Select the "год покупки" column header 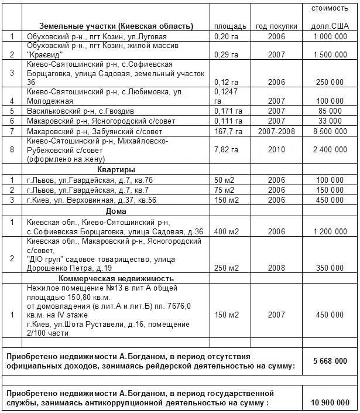[x=276, y=26]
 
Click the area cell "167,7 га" [x=227, y=131]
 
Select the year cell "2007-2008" [x=276, y=131]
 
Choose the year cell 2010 [x=276, y=151]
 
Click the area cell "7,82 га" [x=225, y=151]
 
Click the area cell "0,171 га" [x=227, y=110]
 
